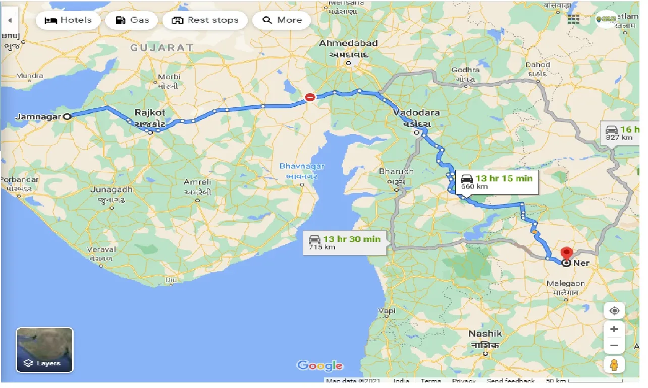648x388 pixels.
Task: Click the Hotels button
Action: coord(68,20)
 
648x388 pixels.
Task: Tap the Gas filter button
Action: coord(132,20)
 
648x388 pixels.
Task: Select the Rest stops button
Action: coord(205,20)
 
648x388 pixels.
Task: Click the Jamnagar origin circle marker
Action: coord(67,116)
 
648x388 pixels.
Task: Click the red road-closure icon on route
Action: coord(310,97)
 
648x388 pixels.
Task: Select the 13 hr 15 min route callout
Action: coord(497,182)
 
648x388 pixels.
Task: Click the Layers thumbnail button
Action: coord(44,350)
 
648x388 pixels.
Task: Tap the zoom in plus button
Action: coord(614,329)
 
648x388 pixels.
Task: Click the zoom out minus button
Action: coord(614,346)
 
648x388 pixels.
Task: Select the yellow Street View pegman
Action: coord(614,364)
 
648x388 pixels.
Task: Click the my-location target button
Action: coord(614,310)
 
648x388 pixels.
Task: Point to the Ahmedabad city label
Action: coord(348,44)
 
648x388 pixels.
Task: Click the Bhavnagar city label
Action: coord(302,166)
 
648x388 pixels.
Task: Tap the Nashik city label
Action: coord(485,334)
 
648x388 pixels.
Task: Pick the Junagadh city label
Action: coord(112,190)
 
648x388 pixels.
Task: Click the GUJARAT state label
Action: coord(161,48)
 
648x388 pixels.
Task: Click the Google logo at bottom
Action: coord(320,366)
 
